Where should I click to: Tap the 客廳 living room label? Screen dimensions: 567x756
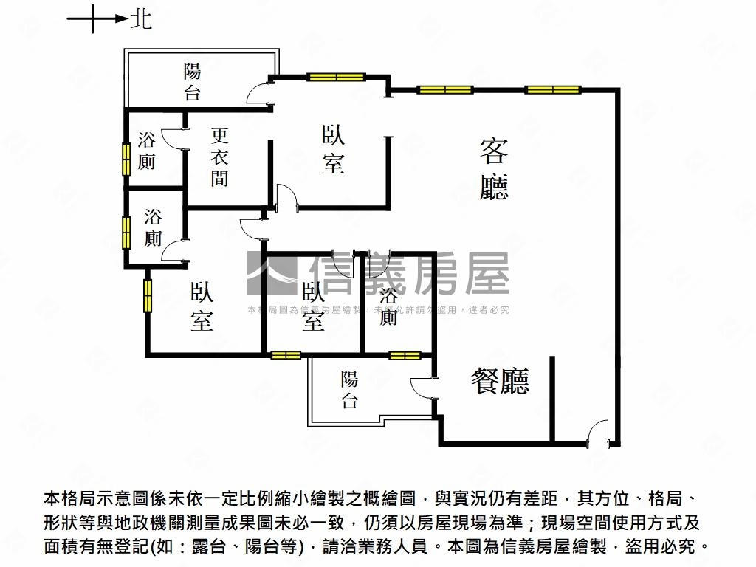point(493,170)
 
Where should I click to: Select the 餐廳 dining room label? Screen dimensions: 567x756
point(501,381)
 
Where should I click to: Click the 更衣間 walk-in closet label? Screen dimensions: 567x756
point(219,157)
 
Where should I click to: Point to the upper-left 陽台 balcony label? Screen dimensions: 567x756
point(192,82)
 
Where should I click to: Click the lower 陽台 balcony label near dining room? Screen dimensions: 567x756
point(349,391)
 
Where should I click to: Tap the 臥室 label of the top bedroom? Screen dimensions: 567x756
point(333,149)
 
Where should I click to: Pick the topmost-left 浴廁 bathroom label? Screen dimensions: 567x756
point(146,151)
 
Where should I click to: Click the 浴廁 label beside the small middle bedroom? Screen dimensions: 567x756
point(388,307)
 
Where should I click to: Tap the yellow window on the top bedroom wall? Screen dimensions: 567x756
point(337,77)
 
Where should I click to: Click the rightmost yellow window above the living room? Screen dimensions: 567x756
point(552,90)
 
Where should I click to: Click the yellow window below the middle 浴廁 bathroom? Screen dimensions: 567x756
point(405,356)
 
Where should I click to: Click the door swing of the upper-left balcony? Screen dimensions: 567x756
point(260,94)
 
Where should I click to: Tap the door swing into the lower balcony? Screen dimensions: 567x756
point(422,388)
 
